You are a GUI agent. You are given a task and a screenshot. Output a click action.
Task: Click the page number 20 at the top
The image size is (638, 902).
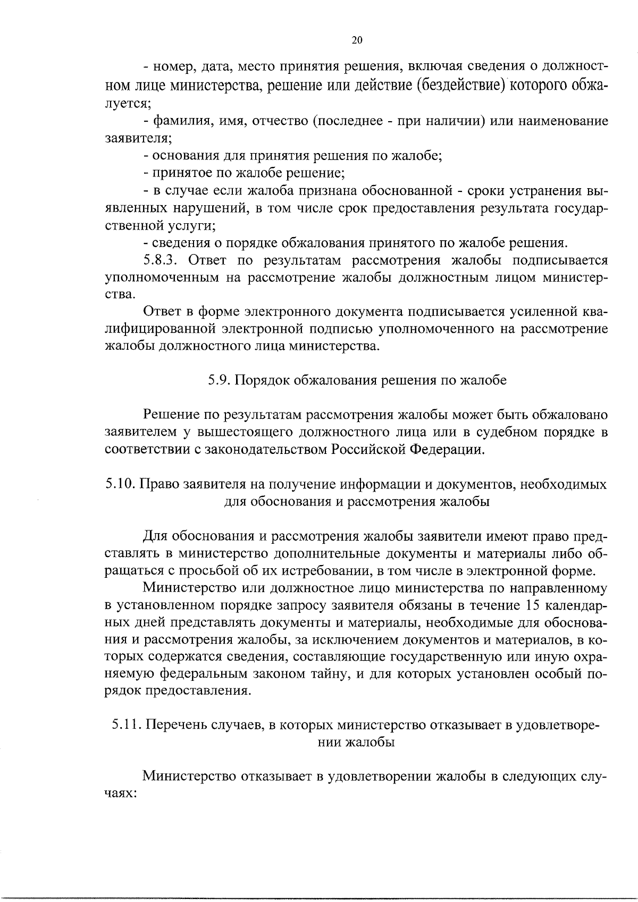tap(357, 40)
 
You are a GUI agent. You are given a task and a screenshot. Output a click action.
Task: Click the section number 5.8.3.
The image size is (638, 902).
tap(160, 261)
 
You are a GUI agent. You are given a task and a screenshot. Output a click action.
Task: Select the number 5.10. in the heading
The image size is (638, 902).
tap(121, 484)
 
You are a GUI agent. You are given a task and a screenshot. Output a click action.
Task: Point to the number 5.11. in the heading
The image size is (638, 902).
tap(127, 725)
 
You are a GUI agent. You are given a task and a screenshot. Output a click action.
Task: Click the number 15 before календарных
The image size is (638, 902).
tap(533, 605)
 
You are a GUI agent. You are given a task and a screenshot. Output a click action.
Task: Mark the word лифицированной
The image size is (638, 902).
tap(158, 330)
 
